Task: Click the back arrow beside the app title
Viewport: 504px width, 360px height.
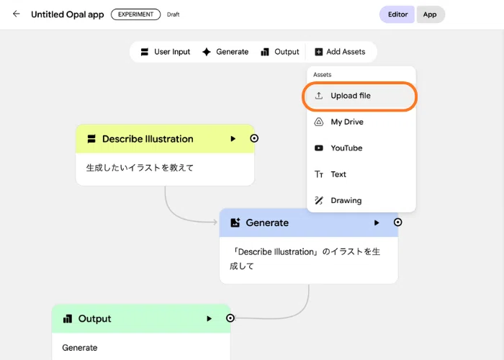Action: click(16, 14)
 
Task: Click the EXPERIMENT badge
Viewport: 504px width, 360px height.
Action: click(135, 14)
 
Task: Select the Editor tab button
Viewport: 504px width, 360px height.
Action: click(397, 14)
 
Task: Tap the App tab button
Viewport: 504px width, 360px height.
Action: click(430, 14)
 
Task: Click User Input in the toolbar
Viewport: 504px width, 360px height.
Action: click(166, 52)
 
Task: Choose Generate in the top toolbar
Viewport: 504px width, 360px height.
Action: click(225, 52)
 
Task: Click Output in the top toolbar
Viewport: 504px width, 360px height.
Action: click(280, 52)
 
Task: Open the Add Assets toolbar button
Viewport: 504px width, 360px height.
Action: click(340, 52)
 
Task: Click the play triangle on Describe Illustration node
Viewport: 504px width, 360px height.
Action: click(233, 139)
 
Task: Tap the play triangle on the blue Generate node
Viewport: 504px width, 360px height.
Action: click(377, 222)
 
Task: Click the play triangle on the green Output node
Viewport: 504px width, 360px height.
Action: click(210, 318)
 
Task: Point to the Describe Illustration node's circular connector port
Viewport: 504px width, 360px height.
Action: click(254, 138)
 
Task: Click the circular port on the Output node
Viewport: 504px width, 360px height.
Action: click(230, 318)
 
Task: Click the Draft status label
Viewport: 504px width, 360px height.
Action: click(174, 14)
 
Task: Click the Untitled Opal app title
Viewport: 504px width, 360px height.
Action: click(68, 14)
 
